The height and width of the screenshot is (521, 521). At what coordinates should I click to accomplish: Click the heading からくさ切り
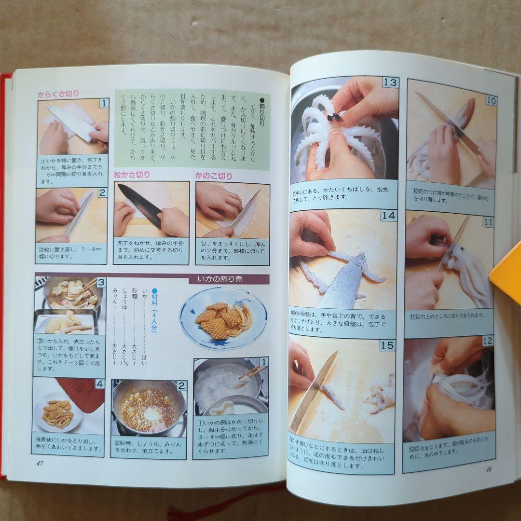click(x=58, y=94)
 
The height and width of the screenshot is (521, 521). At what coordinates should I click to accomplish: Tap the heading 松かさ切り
click(x=132, y=175)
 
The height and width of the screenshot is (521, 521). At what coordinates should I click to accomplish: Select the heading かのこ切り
click(x=213, y=176)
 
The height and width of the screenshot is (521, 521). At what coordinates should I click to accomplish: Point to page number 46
click(x=488, y=468)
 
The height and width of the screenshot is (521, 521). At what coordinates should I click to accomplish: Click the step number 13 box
click(x=390, y=82)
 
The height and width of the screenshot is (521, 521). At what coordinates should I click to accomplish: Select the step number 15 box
click(x=386, y=345)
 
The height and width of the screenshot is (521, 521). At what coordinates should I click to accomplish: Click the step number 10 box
click(x=491, y=101)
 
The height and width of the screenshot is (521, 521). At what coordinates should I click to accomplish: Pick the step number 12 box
click(x=487, y=341)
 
